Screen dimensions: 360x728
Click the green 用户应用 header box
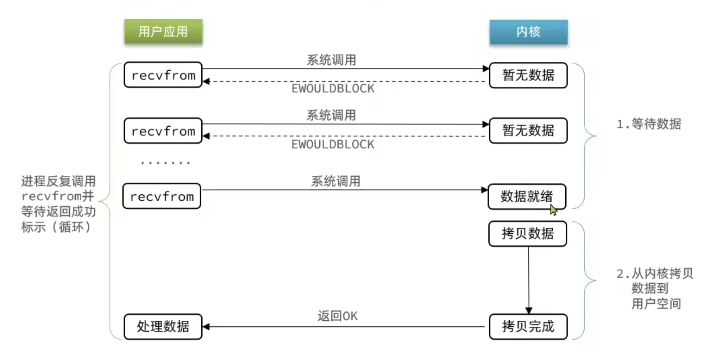163,32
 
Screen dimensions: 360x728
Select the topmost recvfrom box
163,75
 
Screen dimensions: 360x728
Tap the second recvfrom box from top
163,131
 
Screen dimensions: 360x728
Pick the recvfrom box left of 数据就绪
162,196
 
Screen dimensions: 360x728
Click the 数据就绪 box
526,196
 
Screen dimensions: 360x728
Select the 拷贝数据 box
527,234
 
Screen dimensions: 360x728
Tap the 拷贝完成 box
528,326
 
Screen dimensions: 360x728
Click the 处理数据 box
163,326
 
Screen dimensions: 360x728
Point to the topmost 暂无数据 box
528,75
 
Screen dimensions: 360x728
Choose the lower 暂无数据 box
528,131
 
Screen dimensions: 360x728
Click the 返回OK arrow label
337,316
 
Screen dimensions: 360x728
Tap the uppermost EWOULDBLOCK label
333,88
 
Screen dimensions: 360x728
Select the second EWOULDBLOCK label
333,144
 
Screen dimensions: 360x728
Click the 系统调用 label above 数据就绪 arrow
336,182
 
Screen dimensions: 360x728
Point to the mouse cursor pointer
553,210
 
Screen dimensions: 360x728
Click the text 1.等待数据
649,124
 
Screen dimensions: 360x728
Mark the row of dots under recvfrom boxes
165,163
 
